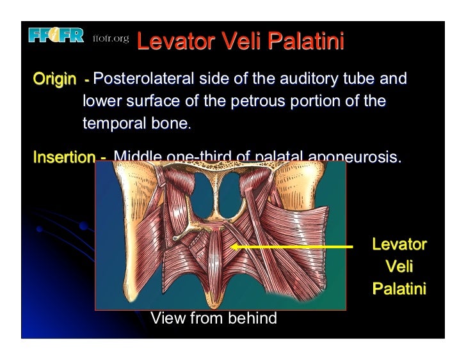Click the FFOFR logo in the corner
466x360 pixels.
56,36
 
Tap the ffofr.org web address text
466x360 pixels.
111,40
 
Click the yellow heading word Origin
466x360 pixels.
54,81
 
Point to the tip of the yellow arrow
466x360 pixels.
232,246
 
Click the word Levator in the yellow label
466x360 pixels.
399,244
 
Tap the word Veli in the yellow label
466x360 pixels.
399,267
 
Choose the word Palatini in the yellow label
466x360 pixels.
399,289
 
